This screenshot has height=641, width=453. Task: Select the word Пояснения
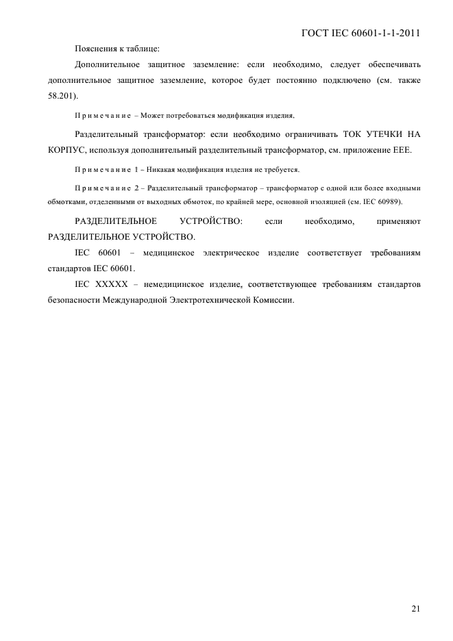[95, 49]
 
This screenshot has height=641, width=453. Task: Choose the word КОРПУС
[66, 149]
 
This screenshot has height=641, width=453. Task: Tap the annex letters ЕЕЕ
[402, 149]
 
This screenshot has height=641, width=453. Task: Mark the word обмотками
[67, 202]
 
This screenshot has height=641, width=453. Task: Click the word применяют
[398, 221]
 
